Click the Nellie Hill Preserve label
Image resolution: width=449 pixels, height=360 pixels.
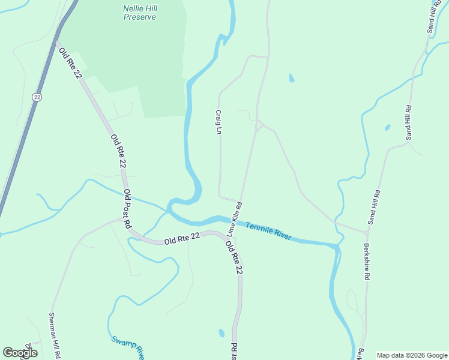[x=140, y=13]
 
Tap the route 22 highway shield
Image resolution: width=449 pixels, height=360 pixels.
[x=37, y=97]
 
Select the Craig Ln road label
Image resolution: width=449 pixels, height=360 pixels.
[x=219, y=122]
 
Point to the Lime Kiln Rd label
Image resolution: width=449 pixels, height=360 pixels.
[x=234, y=218]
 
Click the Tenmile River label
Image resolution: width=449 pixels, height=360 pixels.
[x=268, y=229]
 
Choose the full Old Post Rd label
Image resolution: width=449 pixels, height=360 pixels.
[x=127, y=209]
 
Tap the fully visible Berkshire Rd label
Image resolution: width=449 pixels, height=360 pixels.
[x=366, y=262]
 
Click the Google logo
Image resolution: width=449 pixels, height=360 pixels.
[x=20, y=353]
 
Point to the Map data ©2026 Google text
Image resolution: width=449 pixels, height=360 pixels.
[x=411, y=355]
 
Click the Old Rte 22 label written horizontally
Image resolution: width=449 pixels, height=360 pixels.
[x=182, y=238]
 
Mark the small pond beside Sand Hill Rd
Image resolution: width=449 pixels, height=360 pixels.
[x=388, y=128]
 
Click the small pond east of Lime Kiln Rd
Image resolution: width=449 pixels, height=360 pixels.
[x=292, y=78]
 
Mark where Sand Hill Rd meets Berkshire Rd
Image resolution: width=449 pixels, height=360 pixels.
[x=367, y=232]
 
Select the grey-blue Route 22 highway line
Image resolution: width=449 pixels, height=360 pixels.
[x=24, y=132]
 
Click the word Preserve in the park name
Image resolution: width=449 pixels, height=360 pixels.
[x=140, y=17]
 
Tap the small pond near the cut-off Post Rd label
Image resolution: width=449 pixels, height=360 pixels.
[x=221, y=333]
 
